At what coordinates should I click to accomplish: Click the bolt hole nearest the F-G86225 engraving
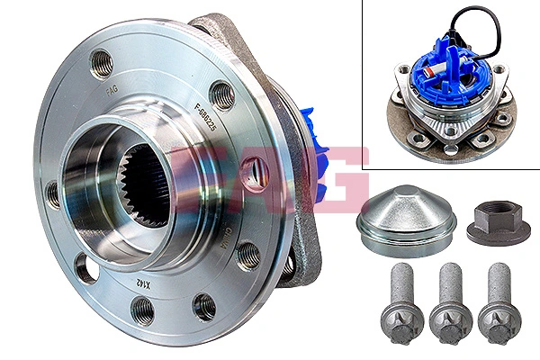221,94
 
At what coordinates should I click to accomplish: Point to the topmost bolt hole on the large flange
102,64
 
